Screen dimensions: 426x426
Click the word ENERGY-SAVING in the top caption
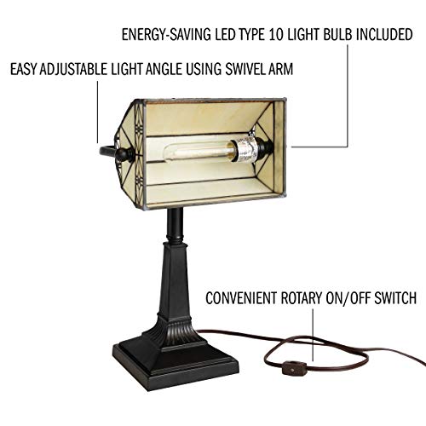pos(166,35)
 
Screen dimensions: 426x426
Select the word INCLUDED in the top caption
pos(384,34)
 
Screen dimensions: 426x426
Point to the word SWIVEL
pos(245,69)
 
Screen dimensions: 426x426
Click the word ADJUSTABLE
pos(73,69)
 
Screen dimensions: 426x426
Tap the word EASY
pos(24,69)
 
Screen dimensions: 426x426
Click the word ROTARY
pos(301,298)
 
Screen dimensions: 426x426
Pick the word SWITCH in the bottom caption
pos(395,298)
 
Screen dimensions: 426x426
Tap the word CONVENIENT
pos(241,298)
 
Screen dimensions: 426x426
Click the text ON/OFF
pos(348,298)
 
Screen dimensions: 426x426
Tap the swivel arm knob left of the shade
pos(124,154)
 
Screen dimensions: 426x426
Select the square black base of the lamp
pos(176,365)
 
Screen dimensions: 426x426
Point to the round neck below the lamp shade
pos(175,227)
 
